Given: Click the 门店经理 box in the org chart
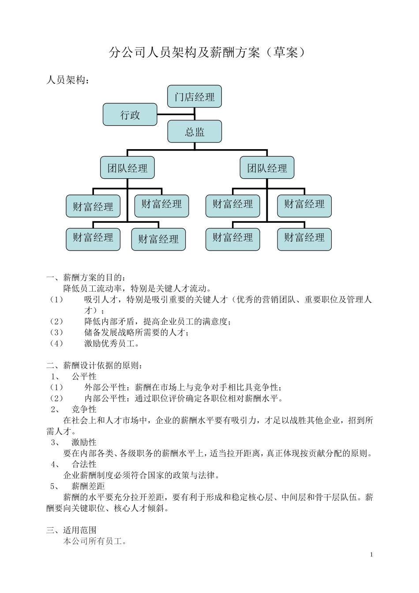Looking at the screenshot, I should pyautogui.click(x=194, y=97).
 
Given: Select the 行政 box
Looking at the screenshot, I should pyautogui.click(x=130, y=115).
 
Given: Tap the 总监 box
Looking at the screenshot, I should pyautogui.click(x=194, y=132).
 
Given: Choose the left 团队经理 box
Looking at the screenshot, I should pyautogui.click(x=127, y=168).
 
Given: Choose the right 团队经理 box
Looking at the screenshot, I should pyautogui.click(x=267, y=168).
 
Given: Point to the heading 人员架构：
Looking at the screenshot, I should pyautogui.click(x=68, y=80).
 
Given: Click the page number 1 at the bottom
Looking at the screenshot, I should pyautogui.click(x=371, y=555).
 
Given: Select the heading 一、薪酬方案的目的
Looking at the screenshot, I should pyautogui.click(x=86, y=278).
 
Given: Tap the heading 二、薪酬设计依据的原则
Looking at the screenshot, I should pyautogui.click(x=94, y=365).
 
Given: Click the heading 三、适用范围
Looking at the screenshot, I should pyautogui.click(x=71, y=530).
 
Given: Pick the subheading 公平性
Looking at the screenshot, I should pyautogui.click(x=84, y=376).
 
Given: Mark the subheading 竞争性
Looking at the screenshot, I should pyautogui.click(x=84, y=409).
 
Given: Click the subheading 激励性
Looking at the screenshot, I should pyautogui.click(x=84, y=442).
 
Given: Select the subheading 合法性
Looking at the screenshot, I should pyautogui.click(x=84, y=464).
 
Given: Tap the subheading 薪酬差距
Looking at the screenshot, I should pyautogui.click(x=88, y=486).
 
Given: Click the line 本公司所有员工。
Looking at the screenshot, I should pyautogui.click(x=95, y=541).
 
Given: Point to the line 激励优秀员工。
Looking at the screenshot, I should pyautogui.click(x=112, y=343).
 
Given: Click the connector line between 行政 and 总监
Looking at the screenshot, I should pyautogui.click(x=176, y=115).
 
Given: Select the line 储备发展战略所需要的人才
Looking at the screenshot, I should pyautogui.click(x=136, y=332).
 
